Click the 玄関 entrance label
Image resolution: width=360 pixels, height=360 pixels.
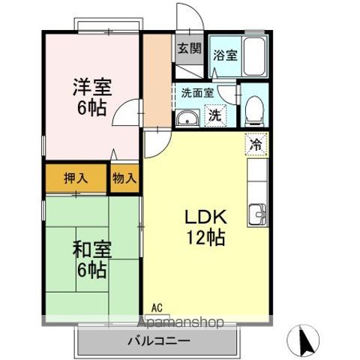[189, 49]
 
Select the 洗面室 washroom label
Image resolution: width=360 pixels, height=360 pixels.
[197, 94]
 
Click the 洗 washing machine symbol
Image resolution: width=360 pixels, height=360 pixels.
[215, 116]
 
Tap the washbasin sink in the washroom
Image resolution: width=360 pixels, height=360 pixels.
[187, 118]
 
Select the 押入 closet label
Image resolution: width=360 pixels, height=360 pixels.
[76, 178]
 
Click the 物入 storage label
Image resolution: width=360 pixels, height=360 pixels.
[124, 178]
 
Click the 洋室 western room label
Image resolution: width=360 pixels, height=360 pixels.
[92, 86]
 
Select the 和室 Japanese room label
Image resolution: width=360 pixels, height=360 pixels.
[92, 249]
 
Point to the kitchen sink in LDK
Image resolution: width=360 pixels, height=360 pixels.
[259, 214]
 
